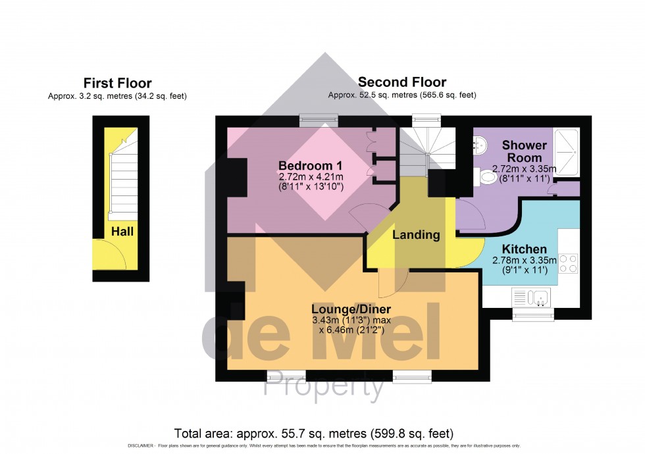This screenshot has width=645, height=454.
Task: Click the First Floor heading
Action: coord(117,84)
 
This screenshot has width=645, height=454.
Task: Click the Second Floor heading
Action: coord(401,82)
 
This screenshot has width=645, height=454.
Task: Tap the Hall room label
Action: coord(122,232)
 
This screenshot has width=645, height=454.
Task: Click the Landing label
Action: coord(416,235)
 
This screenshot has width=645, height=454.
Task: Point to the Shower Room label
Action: coord(524,151)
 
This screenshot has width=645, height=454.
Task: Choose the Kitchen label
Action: coord(524,249)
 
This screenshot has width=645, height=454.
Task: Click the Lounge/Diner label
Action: coord(351,310)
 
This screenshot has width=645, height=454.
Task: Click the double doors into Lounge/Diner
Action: coord(394,282)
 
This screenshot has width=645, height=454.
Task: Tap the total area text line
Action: coord(313,434)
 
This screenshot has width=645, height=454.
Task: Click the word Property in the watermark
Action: coord(324,388)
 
